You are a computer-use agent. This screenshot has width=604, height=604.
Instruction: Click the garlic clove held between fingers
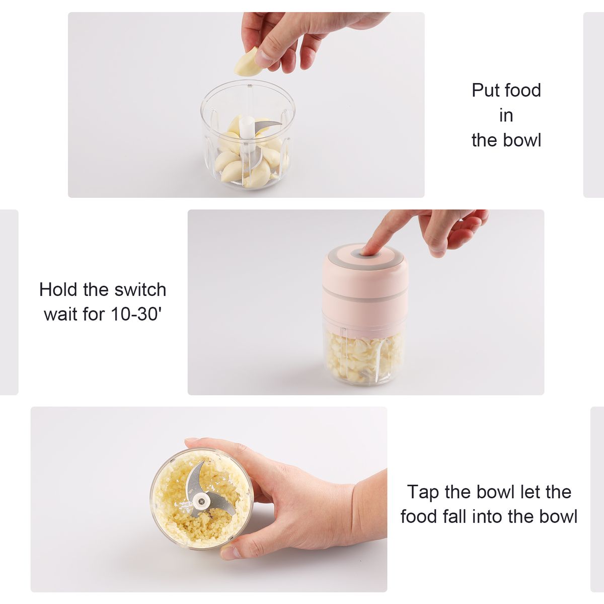(x=248, y=61)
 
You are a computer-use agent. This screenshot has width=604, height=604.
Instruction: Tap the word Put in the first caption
(x=485, y=91)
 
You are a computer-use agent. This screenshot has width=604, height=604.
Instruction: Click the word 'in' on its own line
(x=506, y=116)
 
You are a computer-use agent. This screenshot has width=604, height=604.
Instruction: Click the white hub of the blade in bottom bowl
(x=200, y=500)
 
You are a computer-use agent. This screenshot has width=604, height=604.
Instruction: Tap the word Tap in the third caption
(x=423, y=492)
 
